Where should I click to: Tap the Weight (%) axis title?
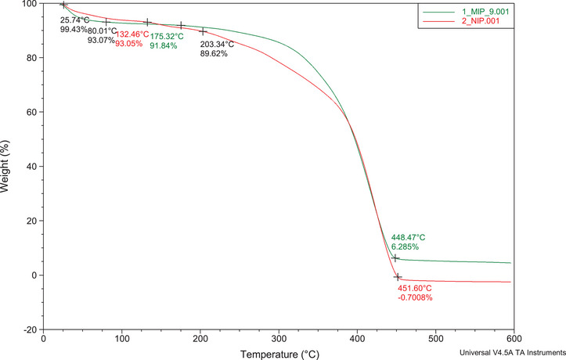[x=7, y=167]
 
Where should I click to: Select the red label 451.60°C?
[x=416, y=287]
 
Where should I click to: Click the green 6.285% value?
[x=406, y=247]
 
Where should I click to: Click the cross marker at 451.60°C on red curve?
[x=398, y=277]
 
